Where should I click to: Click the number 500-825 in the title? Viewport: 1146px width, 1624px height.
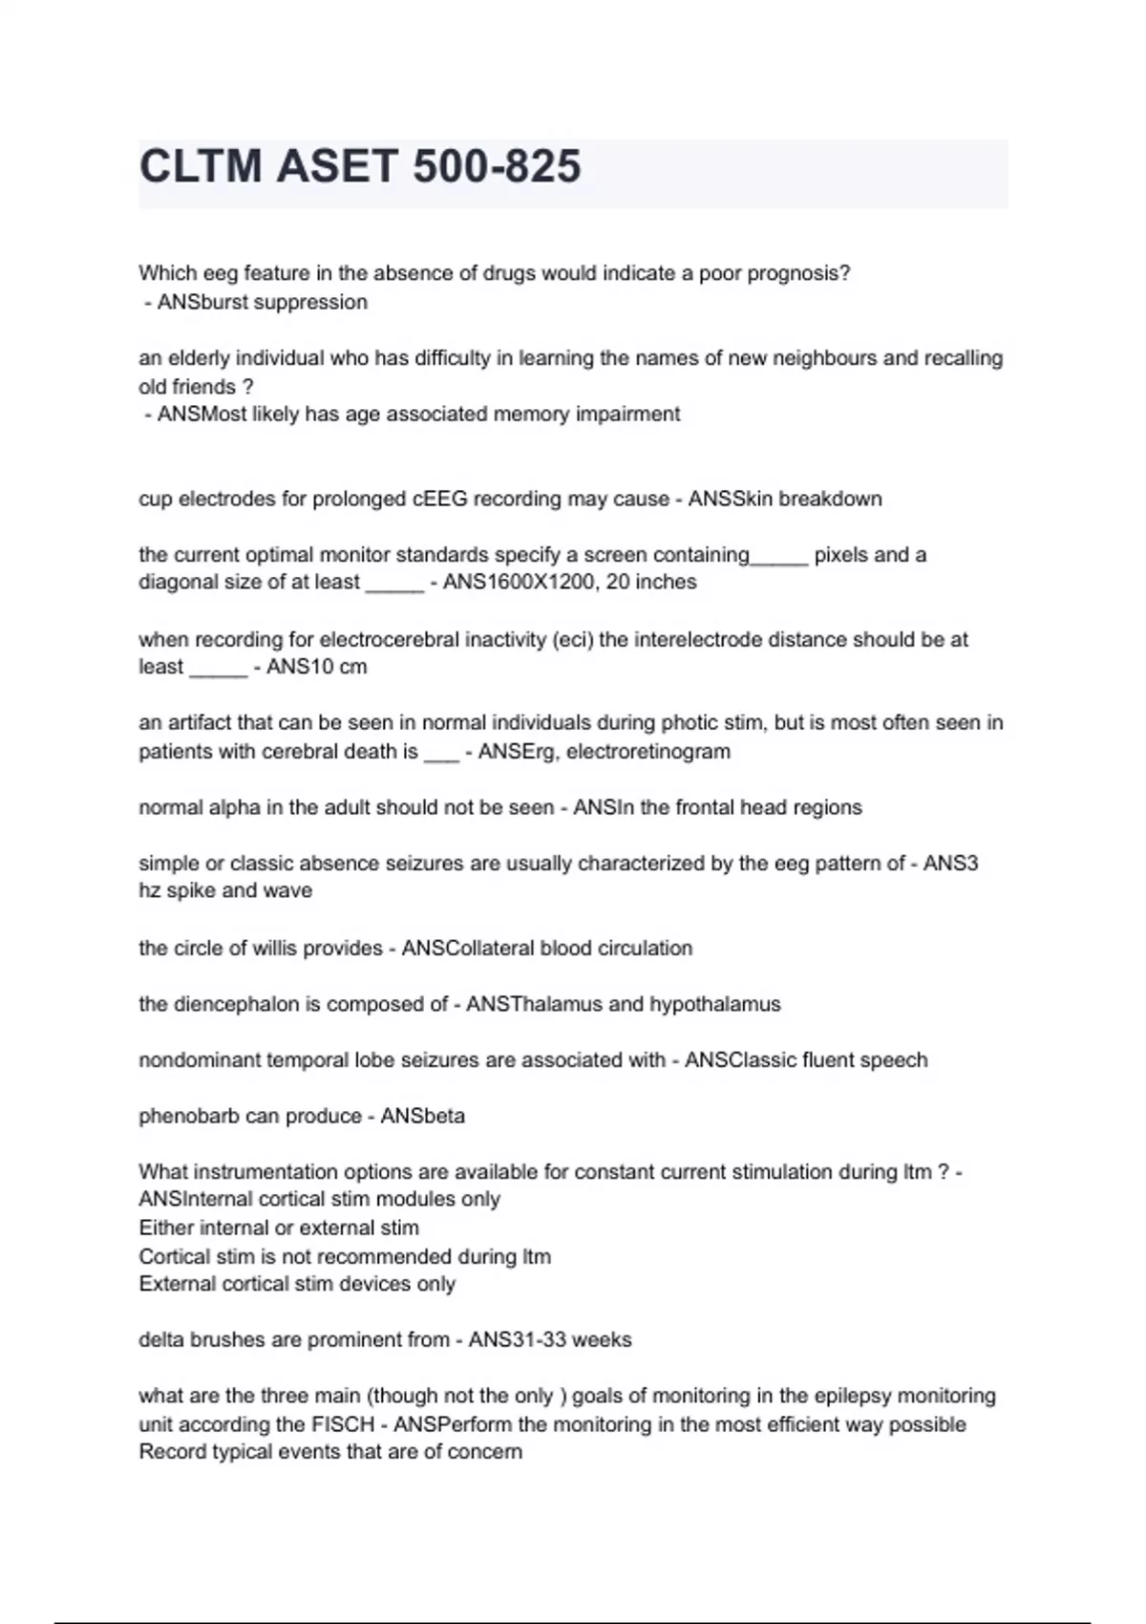497,166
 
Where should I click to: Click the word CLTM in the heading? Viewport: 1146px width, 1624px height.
201,166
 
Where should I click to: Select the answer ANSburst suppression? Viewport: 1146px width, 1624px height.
263,302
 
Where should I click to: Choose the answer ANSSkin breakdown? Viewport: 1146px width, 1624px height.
785,499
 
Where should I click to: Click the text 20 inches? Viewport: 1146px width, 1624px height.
651,582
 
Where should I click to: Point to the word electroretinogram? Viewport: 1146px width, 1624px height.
648,752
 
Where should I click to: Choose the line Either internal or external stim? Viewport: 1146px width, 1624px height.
279,1229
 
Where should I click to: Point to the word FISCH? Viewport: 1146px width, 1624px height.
344,1424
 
